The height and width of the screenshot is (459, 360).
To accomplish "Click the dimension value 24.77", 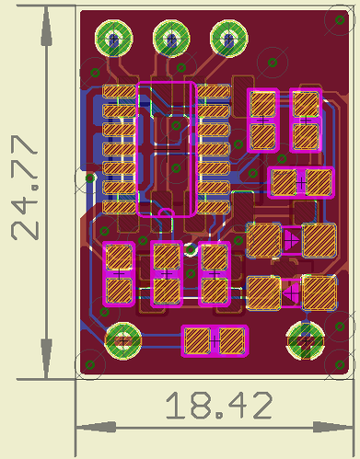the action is point(25,188).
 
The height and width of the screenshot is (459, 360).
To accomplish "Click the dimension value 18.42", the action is point(219,406).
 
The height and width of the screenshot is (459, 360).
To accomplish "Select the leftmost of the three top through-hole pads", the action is point(114,39).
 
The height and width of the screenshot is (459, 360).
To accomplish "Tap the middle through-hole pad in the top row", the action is point(171,39).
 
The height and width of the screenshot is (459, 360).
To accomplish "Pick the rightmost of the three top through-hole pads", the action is point(229,39).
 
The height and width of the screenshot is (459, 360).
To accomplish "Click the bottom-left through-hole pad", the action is point(123,341).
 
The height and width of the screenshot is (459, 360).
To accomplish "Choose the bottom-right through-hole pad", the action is point(306,341).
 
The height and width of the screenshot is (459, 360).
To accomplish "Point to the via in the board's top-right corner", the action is point(340,20).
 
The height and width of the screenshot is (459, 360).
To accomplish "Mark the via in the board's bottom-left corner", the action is point(90,365).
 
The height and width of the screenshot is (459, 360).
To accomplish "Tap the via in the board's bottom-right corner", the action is point(340,365).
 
